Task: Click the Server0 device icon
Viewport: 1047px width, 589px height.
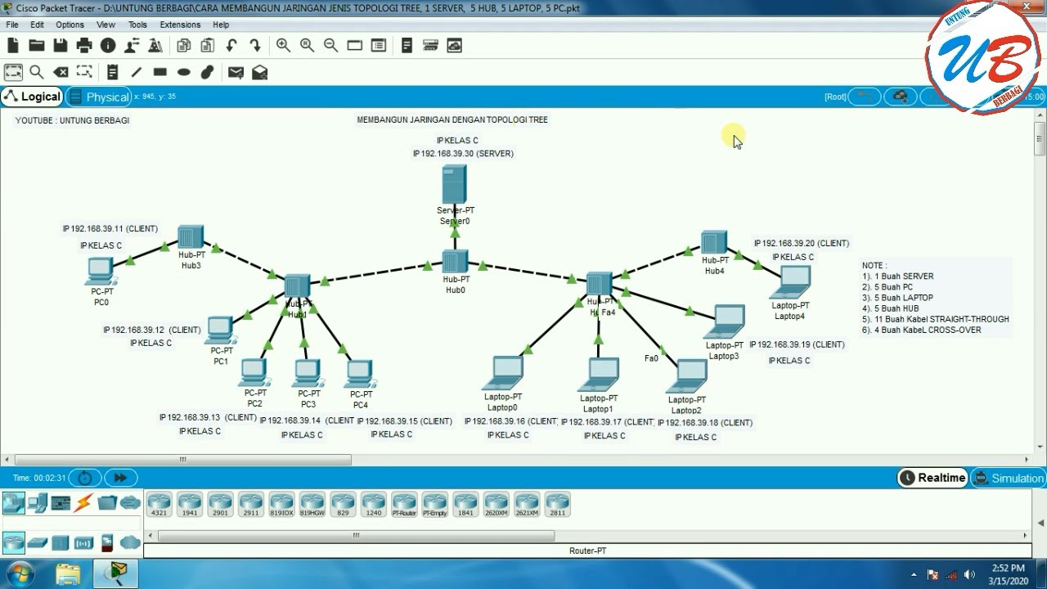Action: click(454, 184)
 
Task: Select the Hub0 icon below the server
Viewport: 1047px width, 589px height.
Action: click(455, 262)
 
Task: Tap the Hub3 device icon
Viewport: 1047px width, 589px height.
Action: click(190, 237)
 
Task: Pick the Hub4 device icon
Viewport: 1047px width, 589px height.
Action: click(713, 243)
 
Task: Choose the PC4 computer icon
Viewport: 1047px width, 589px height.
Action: click(359, 374)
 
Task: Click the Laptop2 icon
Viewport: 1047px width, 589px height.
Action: click(686, 377)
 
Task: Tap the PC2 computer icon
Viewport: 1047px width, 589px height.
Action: click(254, 373)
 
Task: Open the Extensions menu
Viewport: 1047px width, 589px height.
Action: click(180, 25)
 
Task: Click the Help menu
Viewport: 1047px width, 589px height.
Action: click(221, 25)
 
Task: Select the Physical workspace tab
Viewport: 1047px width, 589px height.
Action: click(99, 97)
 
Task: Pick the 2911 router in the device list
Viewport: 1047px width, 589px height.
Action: click(250, 503)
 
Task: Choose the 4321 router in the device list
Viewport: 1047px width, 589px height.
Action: click(159, 503)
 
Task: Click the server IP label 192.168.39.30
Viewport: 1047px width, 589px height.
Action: click(463, 154)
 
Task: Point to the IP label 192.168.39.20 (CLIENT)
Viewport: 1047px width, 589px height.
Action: click(801, 243)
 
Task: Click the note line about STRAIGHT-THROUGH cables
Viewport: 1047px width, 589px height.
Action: click(935, 319)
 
